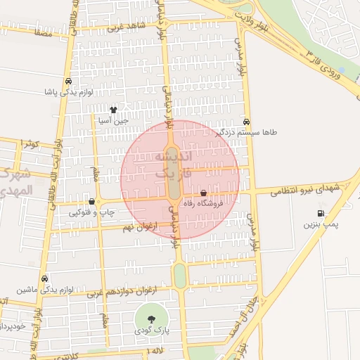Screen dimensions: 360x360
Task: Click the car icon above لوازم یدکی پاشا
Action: pyautogui.click(x=67, y=81)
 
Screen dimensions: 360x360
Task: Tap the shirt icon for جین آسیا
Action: pyautogui.click(x=114, y=109)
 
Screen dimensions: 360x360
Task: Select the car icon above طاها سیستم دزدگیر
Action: pyautogui.click(x=245, y=122)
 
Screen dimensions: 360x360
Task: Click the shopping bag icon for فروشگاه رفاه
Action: pyautogui.click(x=204, y=193)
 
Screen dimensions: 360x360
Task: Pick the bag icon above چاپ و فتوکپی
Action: pyautogui.click(x=91, y=201)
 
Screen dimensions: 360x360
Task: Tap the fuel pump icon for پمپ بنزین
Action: pyautogui.click(x=321, y=214)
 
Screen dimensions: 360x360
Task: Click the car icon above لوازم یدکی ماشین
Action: pyautogui.click(x=44, y=278)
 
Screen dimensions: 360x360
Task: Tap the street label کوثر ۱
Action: pyautogui.click(x=30, y=143)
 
